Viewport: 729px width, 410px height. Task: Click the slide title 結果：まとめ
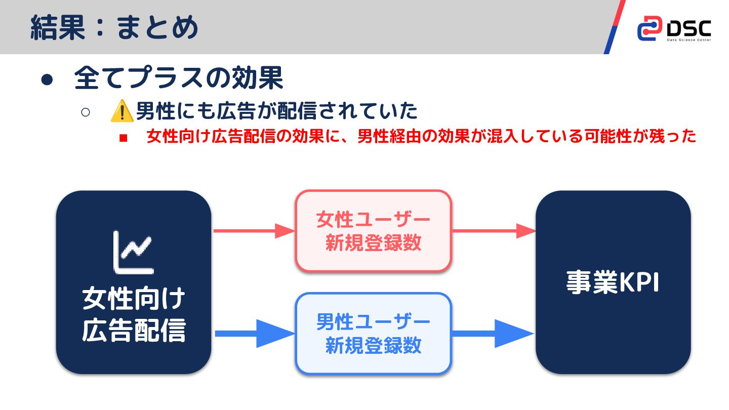tap(114, 27)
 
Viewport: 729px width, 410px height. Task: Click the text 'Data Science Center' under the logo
tap(689, 39)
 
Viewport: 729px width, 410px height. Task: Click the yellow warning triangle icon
tap(121, 111)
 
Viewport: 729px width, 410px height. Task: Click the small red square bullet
tap(122, 138)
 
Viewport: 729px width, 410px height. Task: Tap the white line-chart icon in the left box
tap(133, 251)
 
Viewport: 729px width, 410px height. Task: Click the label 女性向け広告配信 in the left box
tap(134, 315)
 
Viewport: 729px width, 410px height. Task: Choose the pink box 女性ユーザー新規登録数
tap(373, 231)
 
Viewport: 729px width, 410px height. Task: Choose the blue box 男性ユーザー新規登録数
tap(373, 334)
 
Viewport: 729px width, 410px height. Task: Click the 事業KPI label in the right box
tap(613, 282)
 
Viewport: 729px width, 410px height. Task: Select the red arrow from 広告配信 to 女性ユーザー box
tap(254, 231)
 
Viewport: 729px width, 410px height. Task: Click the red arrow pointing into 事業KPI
tap(493, 231)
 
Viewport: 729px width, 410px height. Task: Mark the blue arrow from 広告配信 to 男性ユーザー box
tap(254, 334)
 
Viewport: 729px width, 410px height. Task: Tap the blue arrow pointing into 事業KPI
tap(493, 334)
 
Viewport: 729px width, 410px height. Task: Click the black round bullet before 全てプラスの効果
tap(47, 80)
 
